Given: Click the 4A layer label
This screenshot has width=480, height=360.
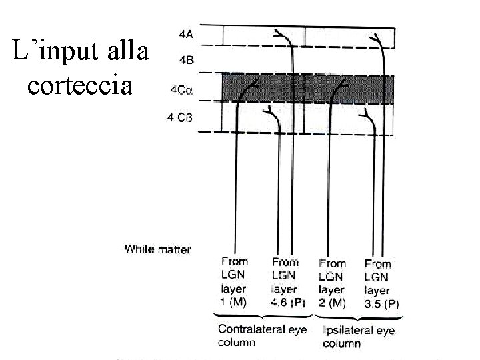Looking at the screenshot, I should point(187,32).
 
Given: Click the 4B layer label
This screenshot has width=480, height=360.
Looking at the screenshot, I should point(187,60).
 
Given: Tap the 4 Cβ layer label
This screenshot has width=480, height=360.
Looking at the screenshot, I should point(180,118).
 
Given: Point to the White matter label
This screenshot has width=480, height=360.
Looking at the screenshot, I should point(157,249).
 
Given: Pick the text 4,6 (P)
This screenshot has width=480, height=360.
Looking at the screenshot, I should point(288,303).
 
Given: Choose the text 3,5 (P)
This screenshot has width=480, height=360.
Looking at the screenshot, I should point(382,304).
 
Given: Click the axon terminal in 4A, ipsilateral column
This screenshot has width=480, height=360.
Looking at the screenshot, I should point(377,36).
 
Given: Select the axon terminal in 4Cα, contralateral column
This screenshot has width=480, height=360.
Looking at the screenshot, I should point(252,84).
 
